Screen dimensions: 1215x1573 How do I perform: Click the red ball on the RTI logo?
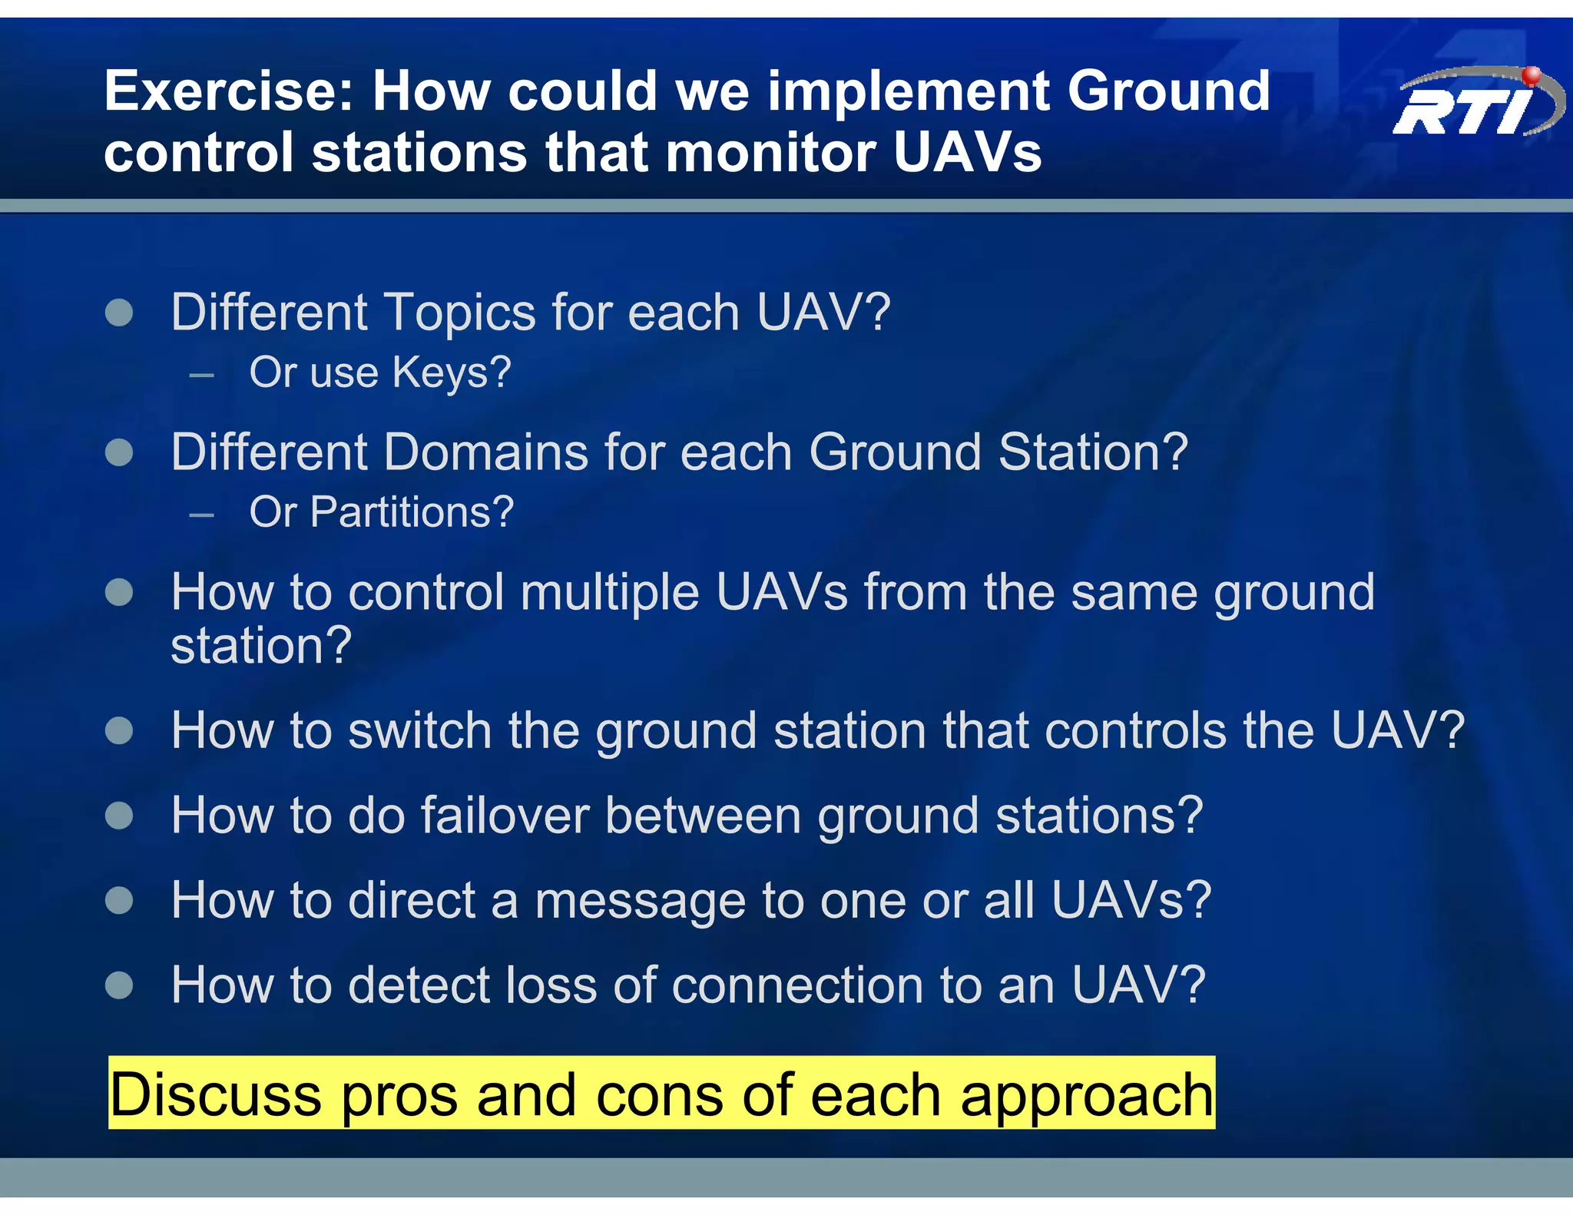click(1532, 75)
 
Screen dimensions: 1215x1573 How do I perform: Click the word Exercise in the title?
click(229, 91)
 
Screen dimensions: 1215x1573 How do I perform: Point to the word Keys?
click(451, 372)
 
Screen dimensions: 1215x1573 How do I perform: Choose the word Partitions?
click(412, 512)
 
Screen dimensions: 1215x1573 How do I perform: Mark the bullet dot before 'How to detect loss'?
click(119, 985)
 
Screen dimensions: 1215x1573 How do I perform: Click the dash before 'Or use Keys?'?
click(201, 376)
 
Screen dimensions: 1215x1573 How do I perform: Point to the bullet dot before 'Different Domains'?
click(119, 452)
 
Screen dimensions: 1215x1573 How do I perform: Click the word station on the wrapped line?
click(260, 646)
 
